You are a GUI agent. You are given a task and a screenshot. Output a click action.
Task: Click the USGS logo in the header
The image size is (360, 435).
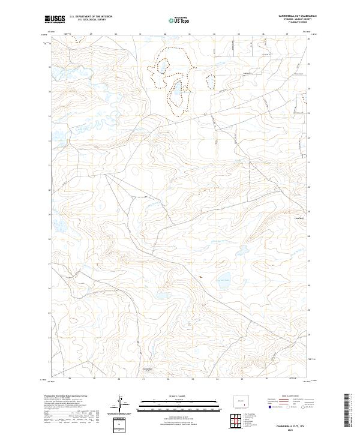(x=55, y=19)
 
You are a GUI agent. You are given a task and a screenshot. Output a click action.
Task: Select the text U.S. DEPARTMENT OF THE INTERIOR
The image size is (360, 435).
(x=90, y=16)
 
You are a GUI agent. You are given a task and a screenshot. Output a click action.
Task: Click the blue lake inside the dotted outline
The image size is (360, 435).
(x=178, y=93)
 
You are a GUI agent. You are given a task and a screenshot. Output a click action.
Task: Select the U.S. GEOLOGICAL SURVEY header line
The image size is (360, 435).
(x=90, y=20)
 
